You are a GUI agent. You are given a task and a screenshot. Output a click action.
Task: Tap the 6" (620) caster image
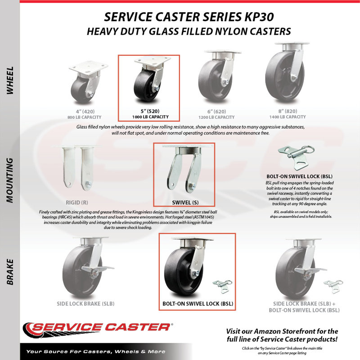click(219, 76)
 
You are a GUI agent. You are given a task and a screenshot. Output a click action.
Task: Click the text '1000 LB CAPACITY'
click(150, 117)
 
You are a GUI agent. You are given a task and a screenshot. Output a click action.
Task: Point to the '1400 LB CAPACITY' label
click(288, 117)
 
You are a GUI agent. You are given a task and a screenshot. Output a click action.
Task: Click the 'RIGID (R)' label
click(77, 202)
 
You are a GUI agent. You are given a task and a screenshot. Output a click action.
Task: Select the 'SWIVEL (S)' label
click(185, 202)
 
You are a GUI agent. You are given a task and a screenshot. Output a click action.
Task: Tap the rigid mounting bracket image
click(77, 168)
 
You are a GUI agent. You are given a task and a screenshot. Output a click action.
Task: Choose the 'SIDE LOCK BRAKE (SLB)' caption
click(85, 304)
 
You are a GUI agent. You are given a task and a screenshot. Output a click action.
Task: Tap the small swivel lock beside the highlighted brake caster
click(222, 286)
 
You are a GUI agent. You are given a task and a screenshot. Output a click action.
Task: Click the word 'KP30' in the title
click(257, 17)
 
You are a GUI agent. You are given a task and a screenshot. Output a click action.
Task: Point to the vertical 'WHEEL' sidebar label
click(10, 81)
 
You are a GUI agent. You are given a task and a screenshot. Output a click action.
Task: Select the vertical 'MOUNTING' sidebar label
click(9, 180)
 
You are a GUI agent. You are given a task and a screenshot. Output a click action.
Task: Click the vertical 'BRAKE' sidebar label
click(10, 272)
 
